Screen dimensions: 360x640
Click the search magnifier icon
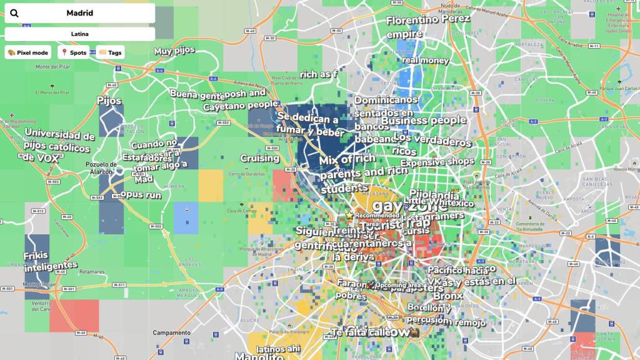point(14,13)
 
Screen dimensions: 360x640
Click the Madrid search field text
point(79,13)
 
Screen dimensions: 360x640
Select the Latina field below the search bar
point(79,34)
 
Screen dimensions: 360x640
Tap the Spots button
point(74,52)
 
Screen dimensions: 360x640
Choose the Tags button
point(111,52)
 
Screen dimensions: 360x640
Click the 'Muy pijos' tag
point(174,51)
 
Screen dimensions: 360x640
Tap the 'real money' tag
point(425,61)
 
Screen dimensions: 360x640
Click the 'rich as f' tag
point(318,74)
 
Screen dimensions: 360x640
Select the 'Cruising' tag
point(259,158)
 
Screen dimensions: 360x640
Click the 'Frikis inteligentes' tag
point(51,261)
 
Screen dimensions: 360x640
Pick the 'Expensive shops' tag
point(437,162)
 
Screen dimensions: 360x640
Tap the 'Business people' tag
point(424,121)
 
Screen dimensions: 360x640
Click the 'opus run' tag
point(141,194)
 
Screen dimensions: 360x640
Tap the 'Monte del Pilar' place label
point(51,67)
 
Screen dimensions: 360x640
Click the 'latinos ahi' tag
point(279,349)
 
